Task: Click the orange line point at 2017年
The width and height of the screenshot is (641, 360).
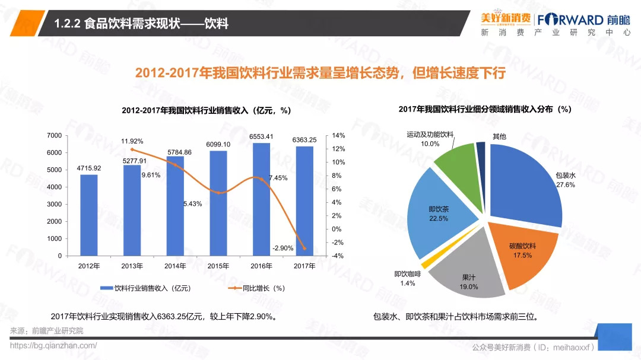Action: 304,248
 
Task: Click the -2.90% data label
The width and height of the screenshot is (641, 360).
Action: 283,248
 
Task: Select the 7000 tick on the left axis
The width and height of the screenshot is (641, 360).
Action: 54,136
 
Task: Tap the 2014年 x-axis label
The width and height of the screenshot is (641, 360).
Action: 175,266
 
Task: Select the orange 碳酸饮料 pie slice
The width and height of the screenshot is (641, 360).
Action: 522,249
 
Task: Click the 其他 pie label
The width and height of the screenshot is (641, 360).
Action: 499,136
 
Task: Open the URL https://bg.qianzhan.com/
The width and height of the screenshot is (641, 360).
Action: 53,345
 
